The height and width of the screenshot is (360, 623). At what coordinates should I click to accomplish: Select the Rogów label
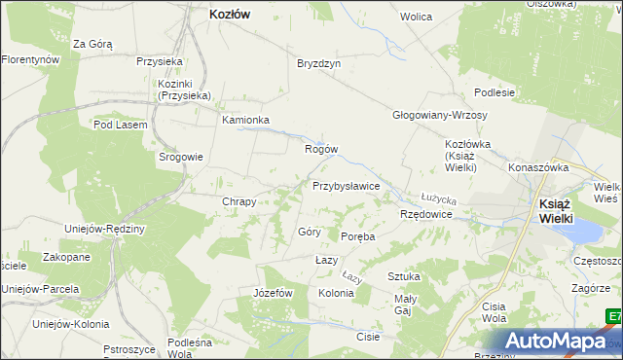click(x=321, y=149)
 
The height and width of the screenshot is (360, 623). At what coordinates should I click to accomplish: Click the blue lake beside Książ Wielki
click(x=587, y=232)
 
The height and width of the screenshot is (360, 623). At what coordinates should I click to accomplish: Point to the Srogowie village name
click(x=181, y=157)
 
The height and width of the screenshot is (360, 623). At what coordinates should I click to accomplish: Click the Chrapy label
click(x=238, y=202)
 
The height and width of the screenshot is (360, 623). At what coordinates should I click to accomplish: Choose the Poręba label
click(x=358, y=236)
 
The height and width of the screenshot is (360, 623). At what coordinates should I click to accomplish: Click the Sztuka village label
click(x=403, y=276)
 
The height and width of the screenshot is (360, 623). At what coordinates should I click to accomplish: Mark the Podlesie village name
click(x=494, y=91)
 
